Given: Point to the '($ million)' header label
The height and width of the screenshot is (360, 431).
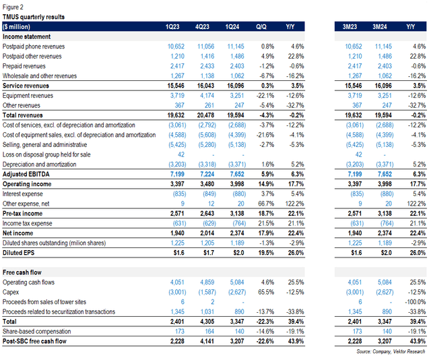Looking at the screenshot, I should click(x=20, y=26).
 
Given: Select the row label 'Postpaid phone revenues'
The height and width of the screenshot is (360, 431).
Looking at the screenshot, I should click(x=38, y=46).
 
